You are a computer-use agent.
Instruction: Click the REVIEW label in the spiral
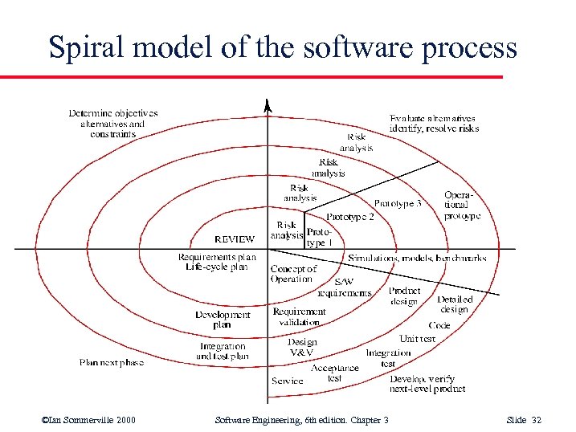coord(235,238)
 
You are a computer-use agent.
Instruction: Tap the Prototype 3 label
coord(397,204)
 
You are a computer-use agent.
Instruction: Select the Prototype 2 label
coord(349,217)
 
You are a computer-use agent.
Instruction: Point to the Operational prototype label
coord(463,206)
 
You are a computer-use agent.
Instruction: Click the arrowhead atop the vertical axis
coord(268,105)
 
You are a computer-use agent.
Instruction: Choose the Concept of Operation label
coord(293,274)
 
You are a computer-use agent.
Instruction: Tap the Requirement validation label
coord(299,316)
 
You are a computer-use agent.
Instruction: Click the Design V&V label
coord(302,347)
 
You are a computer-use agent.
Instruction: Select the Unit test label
coord(418,339)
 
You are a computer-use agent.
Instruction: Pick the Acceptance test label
coord(335,373)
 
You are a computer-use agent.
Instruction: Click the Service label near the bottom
coord(287,381)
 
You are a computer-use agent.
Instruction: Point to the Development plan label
coord(223,320)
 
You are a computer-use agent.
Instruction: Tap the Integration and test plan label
coord(223,352)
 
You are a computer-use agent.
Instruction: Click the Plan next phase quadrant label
coord(112,362)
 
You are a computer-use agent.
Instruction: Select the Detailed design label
coord(454,304)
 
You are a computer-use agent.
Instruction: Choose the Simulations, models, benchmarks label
coord(417,258)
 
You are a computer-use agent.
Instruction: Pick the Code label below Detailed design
coord(439,325)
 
